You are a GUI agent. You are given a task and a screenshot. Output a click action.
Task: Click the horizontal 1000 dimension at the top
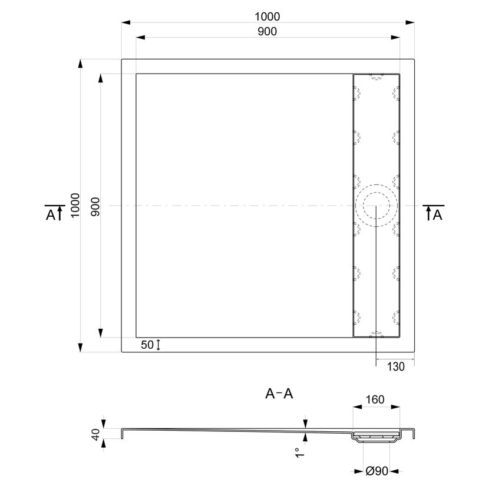(x=267, y=16)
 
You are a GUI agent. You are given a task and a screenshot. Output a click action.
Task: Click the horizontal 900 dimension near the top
(x=267, y=31)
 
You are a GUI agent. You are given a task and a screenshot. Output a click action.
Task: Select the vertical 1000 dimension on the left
(x=75, y=205)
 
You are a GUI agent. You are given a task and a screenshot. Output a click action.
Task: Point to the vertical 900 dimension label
(x=95, y=207)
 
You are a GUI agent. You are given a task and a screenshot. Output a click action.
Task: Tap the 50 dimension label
(x=147, y=345)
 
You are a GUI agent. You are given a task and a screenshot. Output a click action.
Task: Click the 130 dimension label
(x=395, y=366)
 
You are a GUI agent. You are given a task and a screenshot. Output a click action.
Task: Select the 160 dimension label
(x=375, y=399)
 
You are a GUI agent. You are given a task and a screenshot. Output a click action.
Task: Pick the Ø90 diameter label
(x=376, y=471)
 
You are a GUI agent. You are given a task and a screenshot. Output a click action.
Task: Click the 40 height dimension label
(x=95, y=434)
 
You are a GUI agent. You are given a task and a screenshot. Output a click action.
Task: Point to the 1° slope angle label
(x=299, y=452)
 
